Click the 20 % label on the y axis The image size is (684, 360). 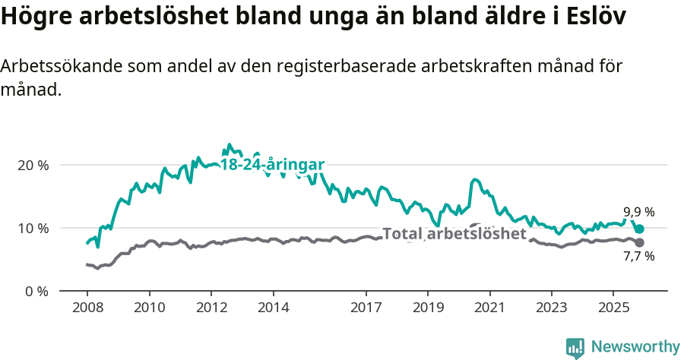(32, 165)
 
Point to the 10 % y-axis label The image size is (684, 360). (32, 228)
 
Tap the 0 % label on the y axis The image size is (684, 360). (36, 291)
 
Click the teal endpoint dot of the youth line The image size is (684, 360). (640, 229)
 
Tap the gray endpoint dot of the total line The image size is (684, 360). (640, 242)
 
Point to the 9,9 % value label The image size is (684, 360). (638, 212)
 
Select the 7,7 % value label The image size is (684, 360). (638, 257)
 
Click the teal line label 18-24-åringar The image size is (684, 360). (272, 165)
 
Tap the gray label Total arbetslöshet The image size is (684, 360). (454, 233)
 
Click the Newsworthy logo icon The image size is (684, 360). (575, 347)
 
